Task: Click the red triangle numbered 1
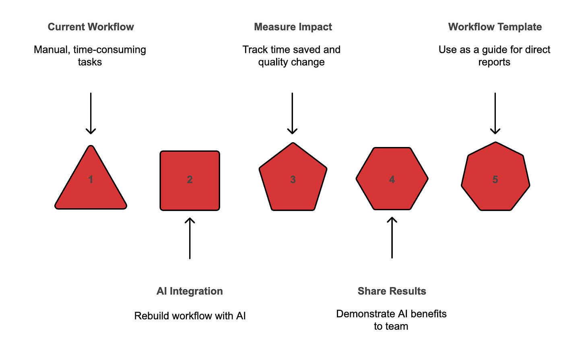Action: point(91,185)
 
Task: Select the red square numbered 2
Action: point(190,180)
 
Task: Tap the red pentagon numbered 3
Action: point(293,179)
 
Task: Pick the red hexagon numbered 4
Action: point(392,179)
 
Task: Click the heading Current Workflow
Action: point(91,27)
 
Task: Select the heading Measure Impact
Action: point(293,27)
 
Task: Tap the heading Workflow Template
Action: point(495,27)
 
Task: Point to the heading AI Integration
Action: point(190,291)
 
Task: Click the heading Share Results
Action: point(392,291)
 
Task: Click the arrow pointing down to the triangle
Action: point(91,113)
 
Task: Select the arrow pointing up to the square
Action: point(190,238)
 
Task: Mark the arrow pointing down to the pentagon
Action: point(293,113)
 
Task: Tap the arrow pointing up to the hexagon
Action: point(392,238)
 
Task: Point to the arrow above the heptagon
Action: point(495,113)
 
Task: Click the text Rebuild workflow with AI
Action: point(190,316)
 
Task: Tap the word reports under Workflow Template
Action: point(494,62)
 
